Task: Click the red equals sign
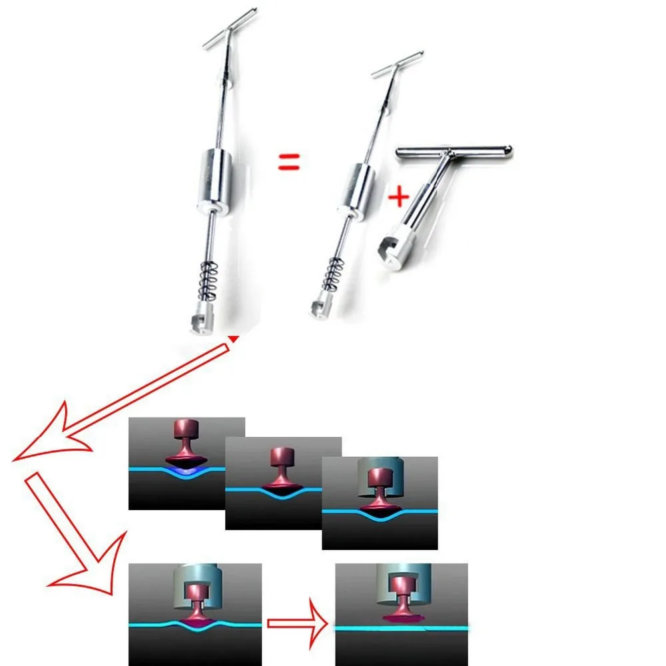click(288, 161)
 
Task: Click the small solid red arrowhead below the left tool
click(233, 339)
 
